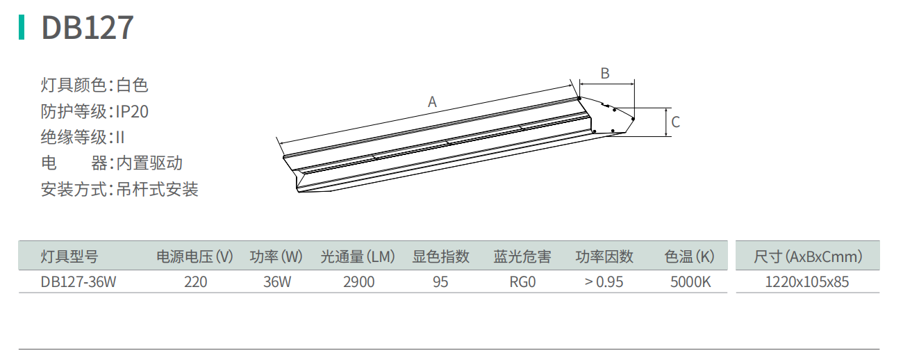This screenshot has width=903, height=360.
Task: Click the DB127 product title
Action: pyautogui.click(x=88, y=28)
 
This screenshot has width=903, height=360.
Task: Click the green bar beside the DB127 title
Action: pyautogui.click(x=22, y=27)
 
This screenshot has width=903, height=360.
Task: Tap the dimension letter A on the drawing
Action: pyautogui.click(x=432, y=102)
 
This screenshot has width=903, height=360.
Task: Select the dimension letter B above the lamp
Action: pyautogui.click(x=605, y=73)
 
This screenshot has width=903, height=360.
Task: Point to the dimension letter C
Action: pyautogui.click(x=676, y=122)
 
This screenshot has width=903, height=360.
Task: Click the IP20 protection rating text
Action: pyautogui.click(x=132, y=111)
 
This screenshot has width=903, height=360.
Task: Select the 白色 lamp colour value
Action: pyautogui.click(x=133, y=85)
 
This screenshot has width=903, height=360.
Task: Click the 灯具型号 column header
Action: pyautogui.click(x=69, y=256)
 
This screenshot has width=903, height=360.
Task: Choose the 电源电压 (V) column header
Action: pyautogui.click(x=194, y=256)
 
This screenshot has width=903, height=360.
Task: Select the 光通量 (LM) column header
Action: pyautogui.click(x=358, y=256)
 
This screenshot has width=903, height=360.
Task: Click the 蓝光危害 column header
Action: pyautogui.click(x=522, y=256)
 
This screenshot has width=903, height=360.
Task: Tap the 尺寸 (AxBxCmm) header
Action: pyautogui.click(x=808, y=256)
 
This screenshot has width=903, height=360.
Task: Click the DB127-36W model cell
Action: pyautogui.click(x=78, y=282)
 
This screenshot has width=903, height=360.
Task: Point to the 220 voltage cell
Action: pyautogui.click(x=196, y=282)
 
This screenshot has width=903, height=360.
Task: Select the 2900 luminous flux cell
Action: pyautogui.click(x=359, y=282)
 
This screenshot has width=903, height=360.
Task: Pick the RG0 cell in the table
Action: pyautogui.click(x=522, y=282)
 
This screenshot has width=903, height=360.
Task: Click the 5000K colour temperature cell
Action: pyautogui.click(x=690, y=282)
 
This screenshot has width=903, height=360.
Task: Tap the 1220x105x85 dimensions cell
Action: pyautogui.click(x=806, y=282)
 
